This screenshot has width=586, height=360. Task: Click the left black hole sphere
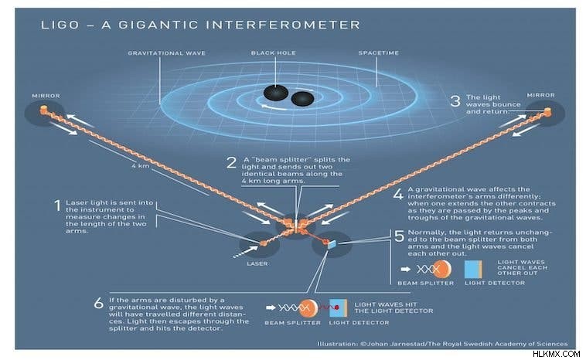point(275,93)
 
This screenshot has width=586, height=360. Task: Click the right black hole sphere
point(302,99)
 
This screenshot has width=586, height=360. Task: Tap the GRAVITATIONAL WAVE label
point(167,53)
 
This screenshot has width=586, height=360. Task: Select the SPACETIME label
point(379,53)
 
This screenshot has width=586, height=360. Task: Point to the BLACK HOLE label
point(274,53)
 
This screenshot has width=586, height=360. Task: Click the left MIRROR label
point(46,96)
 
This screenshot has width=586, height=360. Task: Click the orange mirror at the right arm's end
point(547,111)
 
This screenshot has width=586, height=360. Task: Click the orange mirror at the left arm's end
point(44,110)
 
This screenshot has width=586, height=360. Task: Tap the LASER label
point(257,263)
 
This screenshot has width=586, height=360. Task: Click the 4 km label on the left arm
point(141,165)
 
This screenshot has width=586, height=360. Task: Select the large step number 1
point(57,205)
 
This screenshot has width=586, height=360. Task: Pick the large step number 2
point(232,163)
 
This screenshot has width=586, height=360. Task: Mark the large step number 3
point(455,101)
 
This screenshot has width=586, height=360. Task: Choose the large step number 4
point(398,194)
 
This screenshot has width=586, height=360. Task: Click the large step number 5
point(400,236)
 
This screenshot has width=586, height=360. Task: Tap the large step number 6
point(98,304)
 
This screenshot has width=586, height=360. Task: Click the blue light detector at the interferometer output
point(332,245)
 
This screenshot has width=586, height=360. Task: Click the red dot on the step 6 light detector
point(337,307)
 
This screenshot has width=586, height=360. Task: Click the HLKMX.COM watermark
point(556,354)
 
